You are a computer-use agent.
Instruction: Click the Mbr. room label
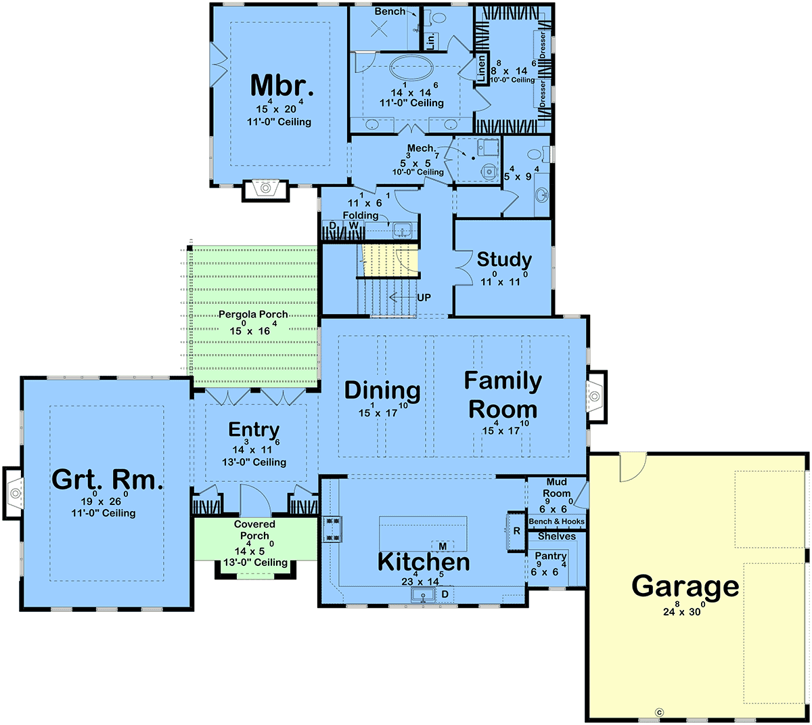point(281,85)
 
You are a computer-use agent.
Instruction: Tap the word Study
point(504,259)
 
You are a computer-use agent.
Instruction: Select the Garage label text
point(685,586)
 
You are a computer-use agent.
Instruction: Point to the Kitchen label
point(424,562)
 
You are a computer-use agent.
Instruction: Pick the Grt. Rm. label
point(108,479)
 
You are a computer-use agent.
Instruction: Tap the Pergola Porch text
point(253,314)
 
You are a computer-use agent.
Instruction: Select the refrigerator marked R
point(516,531)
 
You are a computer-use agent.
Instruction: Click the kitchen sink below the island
point(423,594)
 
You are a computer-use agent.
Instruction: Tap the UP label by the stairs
point(424,298)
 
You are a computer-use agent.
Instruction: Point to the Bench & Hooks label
point(556,521)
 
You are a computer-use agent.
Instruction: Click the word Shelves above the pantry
point(556,536)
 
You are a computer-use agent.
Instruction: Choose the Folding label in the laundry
point(360,215)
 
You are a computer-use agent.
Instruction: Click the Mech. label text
point(422,148)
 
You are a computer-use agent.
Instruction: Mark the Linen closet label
point(481,68)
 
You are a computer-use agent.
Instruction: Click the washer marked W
point(353,225)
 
